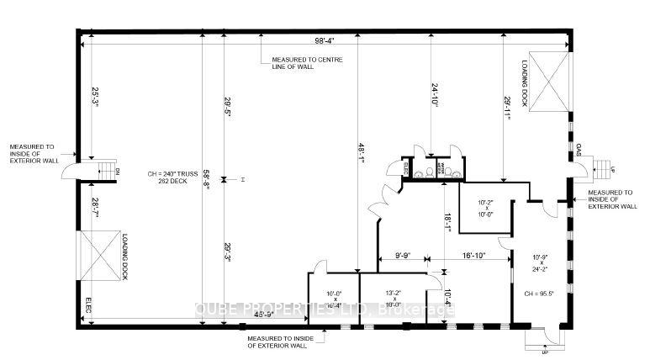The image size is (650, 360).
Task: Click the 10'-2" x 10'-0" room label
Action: (488, 208)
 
